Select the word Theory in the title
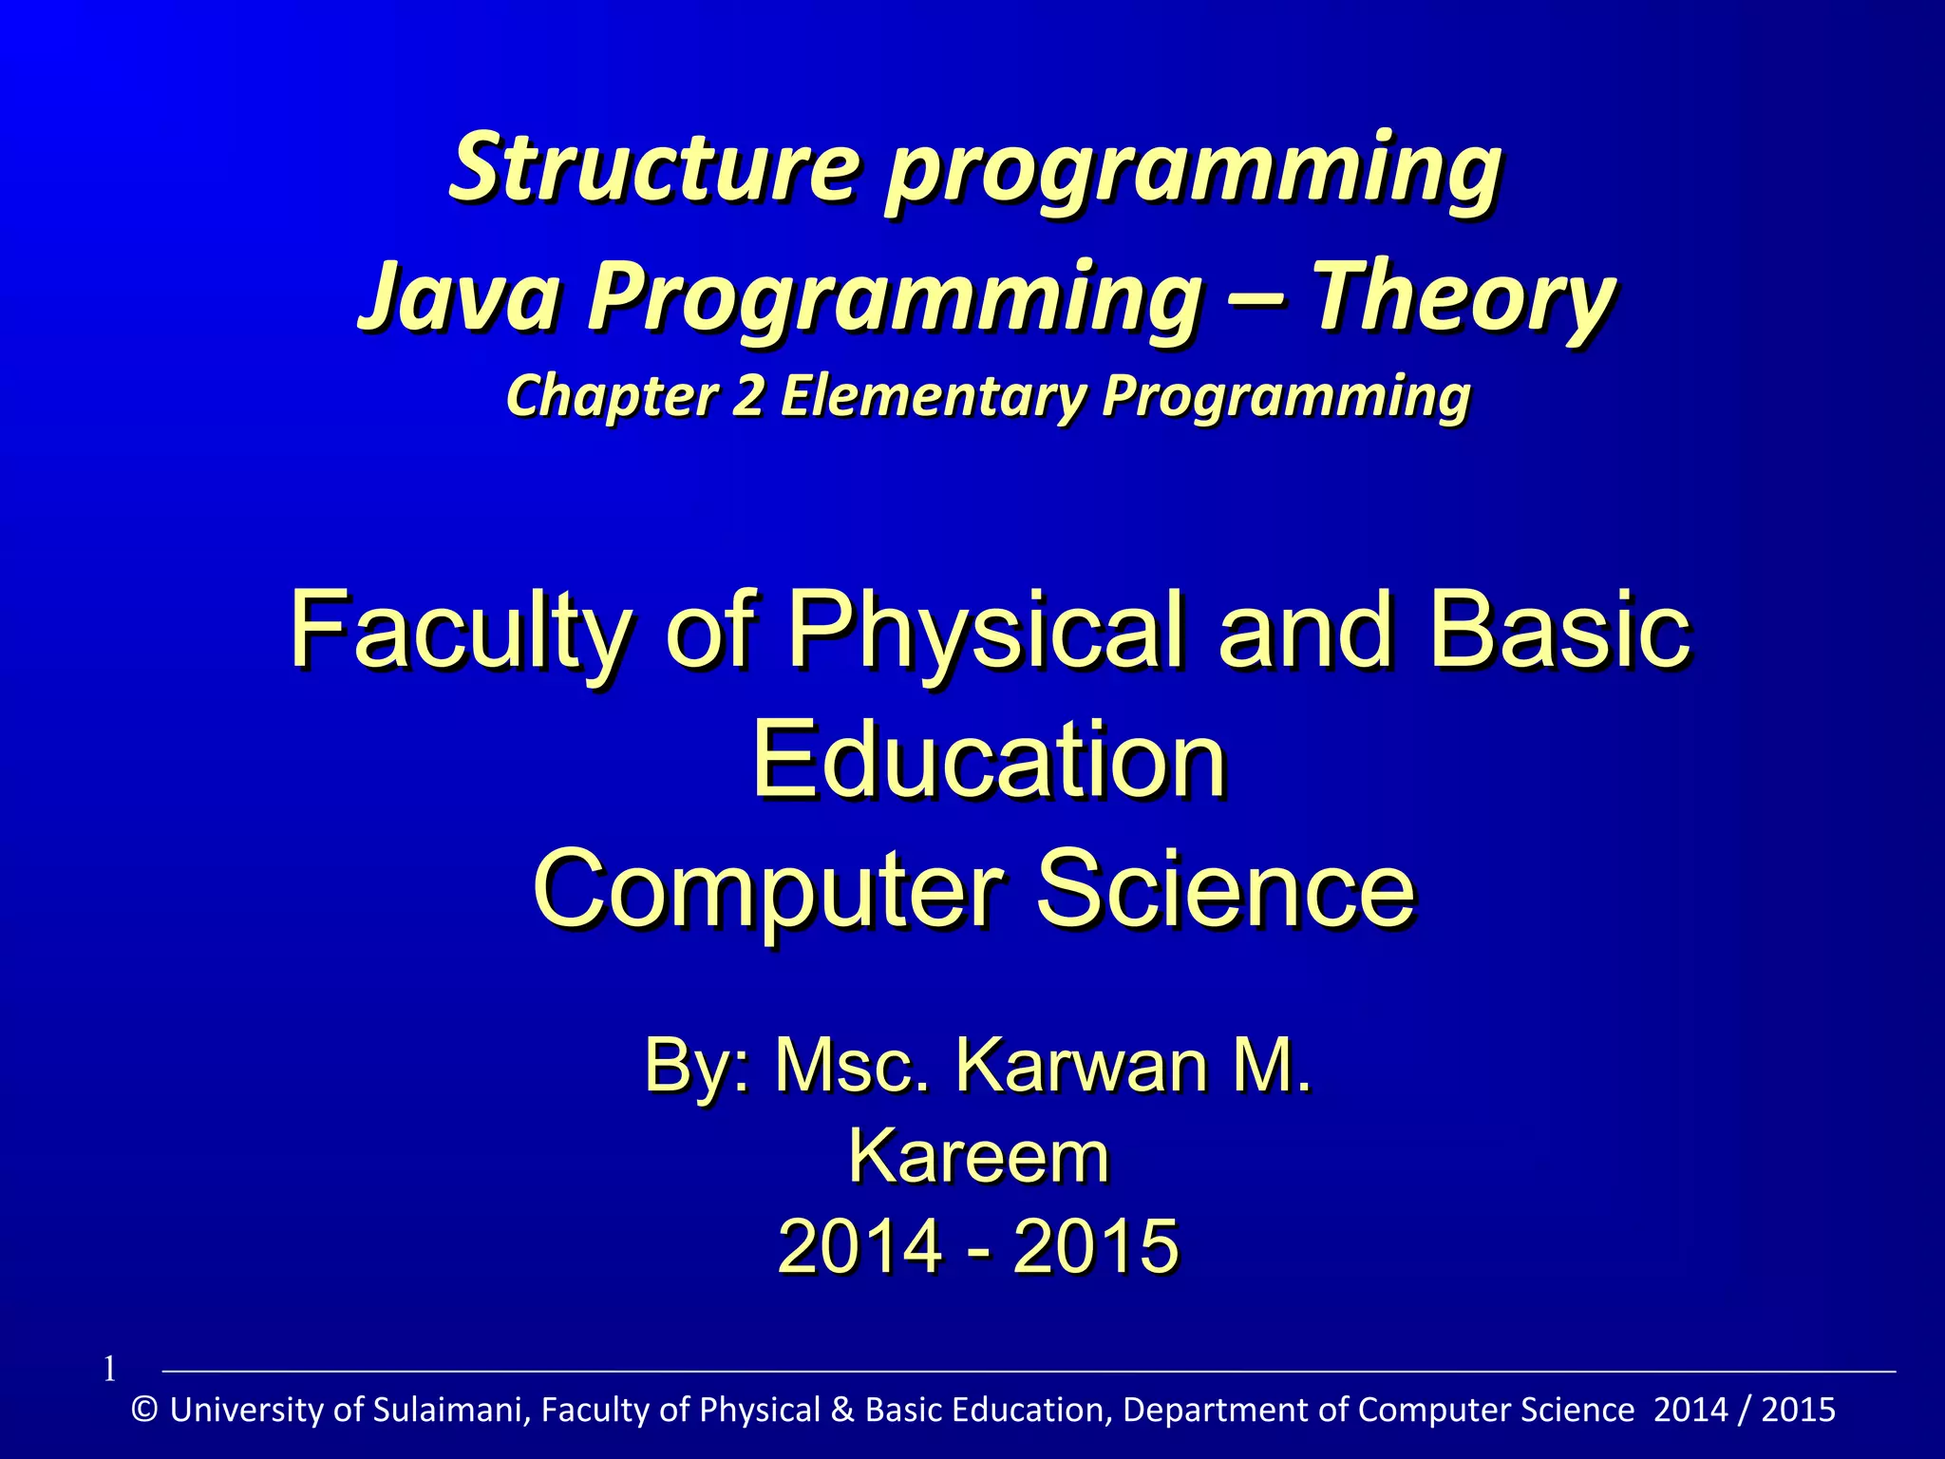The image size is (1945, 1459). (1463, 296)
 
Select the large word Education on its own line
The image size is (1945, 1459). (989, 760)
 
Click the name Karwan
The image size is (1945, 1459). (1083, 1066)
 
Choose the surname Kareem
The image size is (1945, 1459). (978, 1156)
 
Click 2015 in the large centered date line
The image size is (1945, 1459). (1096, 1246)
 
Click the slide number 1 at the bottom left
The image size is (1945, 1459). (109, 1370)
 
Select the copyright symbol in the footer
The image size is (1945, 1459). (145, 1410)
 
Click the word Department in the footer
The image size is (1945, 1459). (1226, 1410)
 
